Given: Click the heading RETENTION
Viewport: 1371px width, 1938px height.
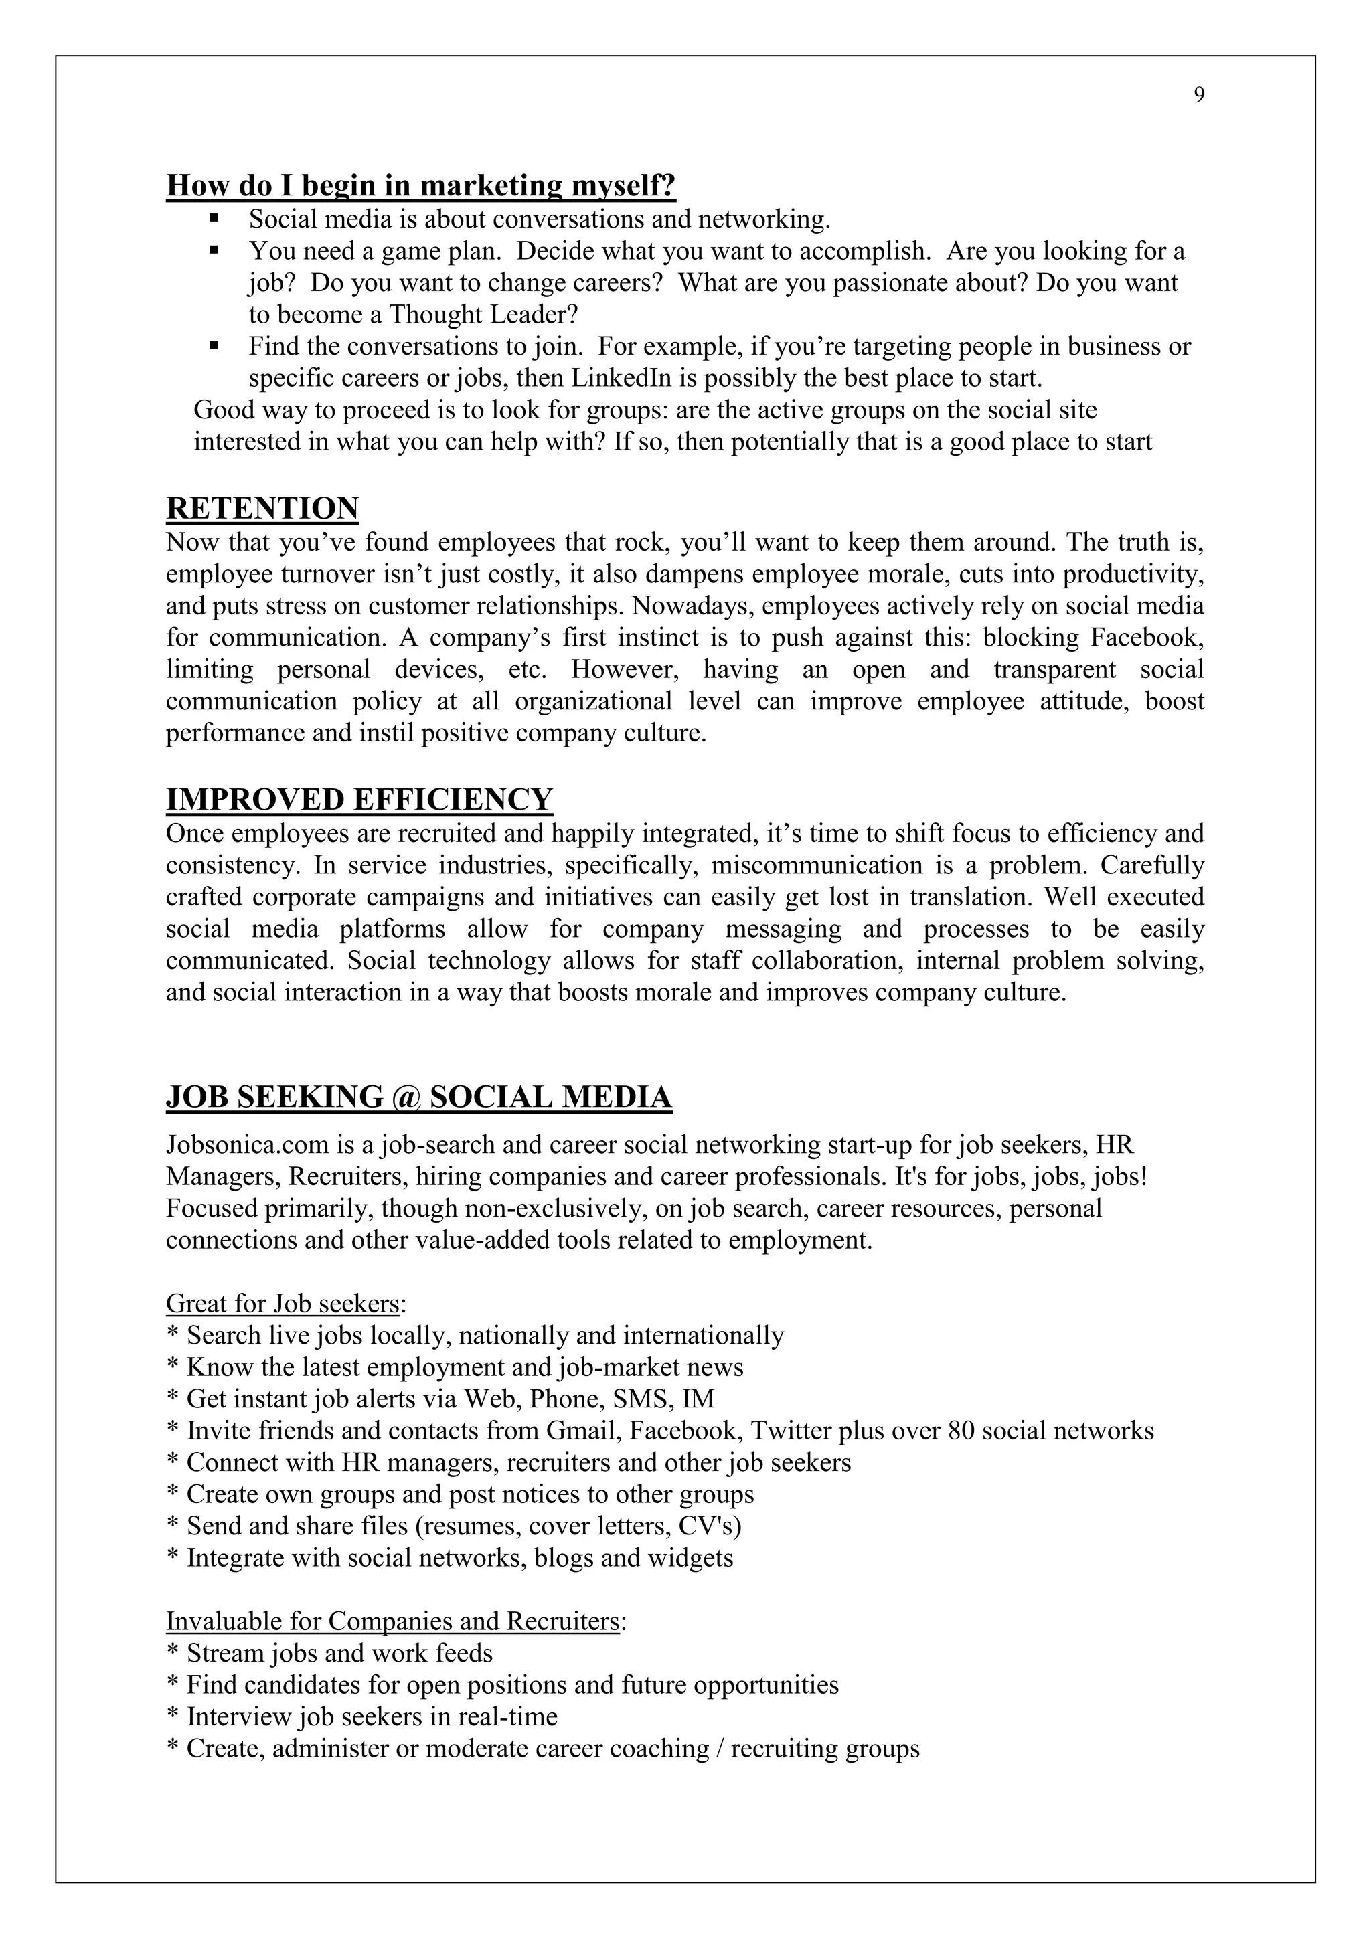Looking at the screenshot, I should (x=262, y=509).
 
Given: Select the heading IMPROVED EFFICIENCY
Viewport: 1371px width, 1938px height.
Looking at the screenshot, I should (x=359, y=799).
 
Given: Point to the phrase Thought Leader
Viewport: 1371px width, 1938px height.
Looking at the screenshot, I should (x=484, y=315).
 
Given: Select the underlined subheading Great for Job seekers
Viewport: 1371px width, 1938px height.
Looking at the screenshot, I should (x=282, y=1304).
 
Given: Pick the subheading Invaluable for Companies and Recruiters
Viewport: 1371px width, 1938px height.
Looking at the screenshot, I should (x=392, y=1621).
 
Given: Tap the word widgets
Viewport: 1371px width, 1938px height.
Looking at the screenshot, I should (x=691, y=1557).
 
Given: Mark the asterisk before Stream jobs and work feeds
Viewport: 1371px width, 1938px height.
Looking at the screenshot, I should (x=173, y=1653).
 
